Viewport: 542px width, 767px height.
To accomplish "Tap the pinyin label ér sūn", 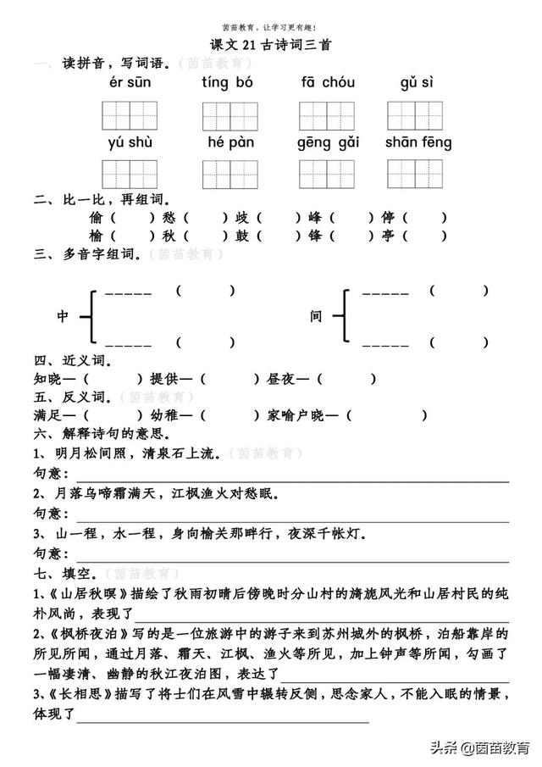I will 128,83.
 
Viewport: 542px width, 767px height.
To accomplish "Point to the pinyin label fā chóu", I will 328,83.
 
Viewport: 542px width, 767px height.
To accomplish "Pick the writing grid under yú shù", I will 129,173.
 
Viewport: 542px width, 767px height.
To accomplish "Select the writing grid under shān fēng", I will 416,173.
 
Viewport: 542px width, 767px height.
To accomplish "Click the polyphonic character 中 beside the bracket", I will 63,316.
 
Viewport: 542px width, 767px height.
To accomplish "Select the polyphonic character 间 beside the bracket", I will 317,316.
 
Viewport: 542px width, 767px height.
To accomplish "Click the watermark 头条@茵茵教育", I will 478,747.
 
